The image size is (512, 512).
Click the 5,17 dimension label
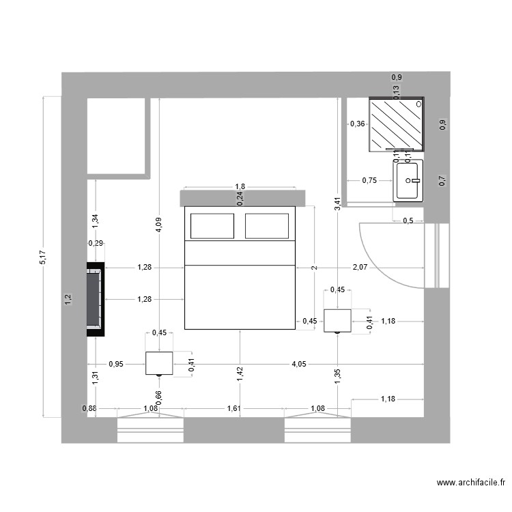[43, 257]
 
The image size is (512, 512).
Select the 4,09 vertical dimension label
[158, 226]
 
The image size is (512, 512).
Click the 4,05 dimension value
[298, 364]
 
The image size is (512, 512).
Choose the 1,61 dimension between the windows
[233, 409]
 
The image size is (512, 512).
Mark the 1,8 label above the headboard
[240, 186]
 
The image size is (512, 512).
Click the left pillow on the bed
[212, 226]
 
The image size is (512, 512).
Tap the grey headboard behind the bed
[240, 198]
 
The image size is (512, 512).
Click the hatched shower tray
[396, 124]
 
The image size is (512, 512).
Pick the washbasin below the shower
[408, 180]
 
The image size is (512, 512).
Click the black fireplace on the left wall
[95, 300]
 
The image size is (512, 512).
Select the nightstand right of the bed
[337, 320]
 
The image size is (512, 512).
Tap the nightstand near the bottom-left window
[159, 363]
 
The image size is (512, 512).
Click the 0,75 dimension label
[369, 180]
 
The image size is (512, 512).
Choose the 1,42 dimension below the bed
[240, 372]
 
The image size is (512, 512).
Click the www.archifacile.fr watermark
[471, 483]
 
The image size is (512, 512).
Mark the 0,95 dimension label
[116, 364]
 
